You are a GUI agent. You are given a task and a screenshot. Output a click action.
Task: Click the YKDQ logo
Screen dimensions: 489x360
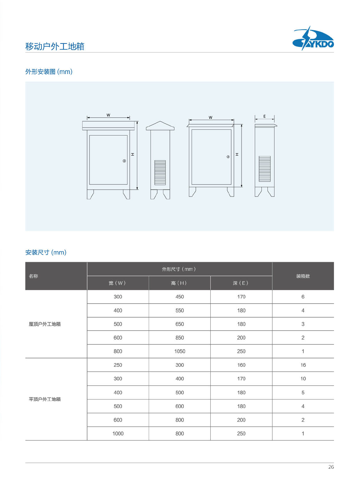(x=313, y=39)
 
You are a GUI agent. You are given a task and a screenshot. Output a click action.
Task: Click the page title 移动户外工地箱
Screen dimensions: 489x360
(x=55, y=46)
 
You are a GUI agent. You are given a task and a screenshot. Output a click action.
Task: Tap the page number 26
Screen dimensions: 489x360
(x=331, y=467)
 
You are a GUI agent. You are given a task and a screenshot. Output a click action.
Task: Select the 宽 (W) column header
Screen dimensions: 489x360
(x=117, y=283)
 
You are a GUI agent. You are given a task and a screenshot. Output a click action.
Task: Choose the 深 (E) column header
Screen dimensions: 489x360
(x=241, y=283)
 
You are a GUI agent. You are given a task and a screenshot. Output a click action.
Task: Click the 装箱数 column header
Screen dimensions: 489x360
(x=303, y=276)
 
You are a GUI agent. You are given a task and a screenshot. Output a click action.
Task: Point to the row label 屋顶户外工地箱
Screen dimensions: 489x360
(x=45, y=324)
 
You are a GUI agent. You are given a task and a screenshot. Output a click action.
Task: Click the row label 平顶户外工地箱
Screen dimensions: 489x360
(x=45, y=399)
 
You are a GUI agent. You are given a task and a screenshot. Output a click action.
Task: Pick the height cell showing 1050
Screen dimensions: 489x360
(x=180, y=351)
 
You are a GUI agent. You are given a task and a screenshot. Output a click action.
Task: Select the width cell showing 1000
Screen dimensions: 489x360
(x=118, y=434)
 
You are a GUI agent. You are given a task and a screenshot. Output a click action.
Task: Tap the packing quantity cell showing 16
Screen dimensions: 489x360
(x=303, y=365)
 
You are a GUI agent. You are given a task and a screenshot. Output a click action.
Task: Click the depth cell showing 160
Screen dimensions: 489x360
(x=241, y=365)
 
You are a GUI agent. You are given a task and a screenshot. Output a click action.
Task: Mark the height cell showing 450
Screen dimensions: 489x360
(x=180, y=297)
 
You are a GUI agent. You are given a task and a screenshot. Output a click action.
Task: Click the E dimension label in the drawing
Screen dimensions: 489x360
(x=264, y=116)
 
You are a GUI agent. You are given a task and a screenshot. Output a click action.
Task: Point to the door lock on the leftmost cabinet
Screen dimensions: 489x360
(x=124, y=161)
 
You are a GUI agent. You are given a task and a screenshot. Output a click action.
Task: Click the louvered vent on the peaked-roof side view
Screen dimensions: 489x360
(x=160, y=172)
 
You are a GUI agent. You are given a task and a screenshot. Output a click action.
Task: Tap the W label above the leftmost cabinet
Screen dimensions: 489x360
(x=108, y=115)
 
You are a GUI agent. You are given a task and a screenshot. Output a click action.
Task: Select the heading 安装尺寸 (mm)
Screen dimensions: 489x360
(x=46, y=252)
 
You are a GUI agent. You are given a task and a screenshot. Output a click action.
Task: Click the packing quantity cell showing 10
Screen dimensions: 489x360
(x=303, y=379)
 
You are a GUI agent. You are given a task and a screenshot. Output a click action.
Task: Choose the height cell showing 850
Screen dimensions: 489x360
(x=180, y=338)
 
